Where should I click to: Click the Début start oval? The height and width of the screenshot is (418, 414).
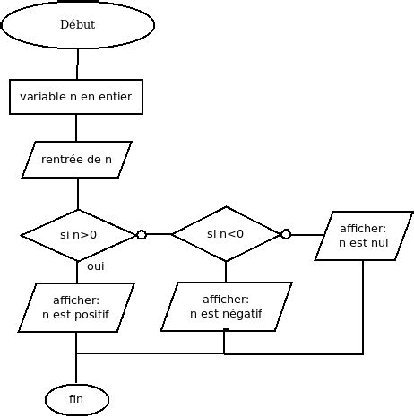pyautogui.click(x=77, y=25)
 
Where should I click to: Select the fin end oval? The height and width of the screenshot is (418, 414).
pyautogui.click(x=77, y=398)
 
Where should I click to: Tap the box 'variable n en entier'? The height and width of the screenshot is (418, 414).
pyautogui.click(x=76, y=97)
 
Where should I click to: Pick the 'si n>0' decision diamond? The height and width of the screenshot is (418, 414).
pyautogui.click(x=78, y=235)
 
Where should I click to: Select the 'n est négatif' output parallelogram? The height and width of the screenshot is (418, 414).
pyautogui.click(x=226, y=307)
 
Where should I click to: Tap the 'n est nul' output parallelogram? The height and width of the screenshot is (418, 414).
pyautogui.click(x=364, y=235)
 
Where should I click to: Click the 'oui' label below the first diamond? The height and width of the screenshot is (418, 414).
pyautogui.click(x=96, y=267)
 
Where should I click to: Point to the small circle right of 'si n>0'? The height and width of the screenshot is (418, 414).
pyautogui.click(x=141, y=235)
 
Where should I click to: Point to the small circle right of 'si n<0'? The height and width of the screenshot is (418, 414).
pyautogui.click(x=286, y=235)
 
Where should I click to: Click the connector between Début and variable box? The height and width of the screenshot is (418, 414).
pyautogui.click(x=78, y=65)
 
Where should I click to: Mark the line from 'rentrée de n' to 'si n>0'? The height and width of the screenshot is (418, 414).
pyautogui.click(x=78, y=193)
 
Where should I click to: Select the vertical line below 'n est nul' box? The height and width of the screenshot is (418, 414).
pyautogui.click(x=363, y=305)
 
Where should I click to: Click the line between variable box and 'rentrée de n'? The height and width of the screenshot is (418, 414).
pyautogui.click(x=78, y=127)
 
